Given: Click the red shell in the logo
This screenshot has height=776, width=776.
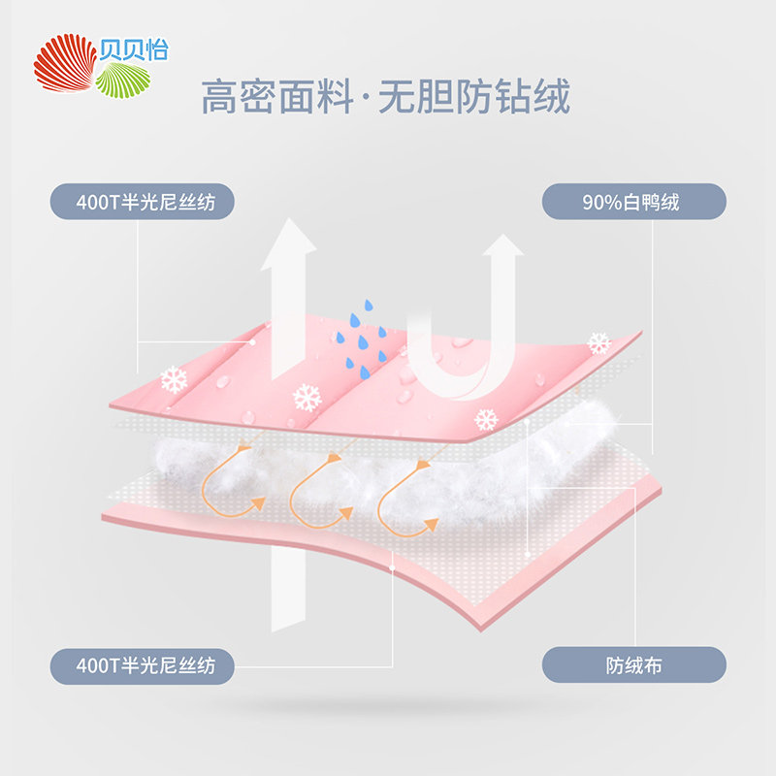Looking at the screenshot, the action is tap(65, 63).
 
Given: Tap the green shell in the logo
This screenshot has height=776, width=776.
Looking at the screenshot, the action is tap(123, 81).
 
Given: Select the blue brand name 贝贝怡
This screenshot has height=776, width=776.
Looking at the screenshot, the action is tap(134, 49).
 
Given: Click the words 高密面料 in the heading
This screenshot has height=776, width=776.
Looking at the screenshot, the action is tap(277, 96).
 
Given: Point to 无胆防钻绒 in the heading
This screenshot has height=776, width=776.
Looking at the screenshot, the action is tap(473, 96).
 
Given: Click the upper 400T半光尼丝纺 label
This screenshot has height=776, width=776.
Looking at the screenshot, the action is tap(142, 202).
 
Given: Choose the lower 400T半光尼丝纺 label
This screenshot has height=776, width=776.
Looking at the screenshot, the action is tap(142, 666).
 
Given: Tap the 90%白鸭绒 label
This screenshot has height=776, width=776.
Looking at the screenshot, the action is tap(634, 202).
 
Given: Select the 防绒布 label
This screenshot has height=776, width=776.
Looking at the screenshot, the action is tap(634, 665).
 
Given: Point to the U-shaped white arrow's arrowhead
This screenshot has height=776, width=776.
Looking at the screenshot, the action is tap(502, 245).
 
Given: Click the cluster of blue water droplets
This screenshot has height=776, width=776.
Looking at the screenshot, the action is tap(362, 339).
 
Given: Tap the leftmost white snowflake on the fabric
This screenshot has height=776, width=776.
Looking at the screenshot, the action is tap(175, 379).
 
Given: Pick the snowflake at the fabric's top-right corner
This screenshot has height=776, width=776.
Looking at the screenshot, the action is tap(599, 343).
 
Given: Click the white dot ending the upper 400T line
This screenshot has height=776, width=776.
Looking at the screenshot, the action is tap(252, 342).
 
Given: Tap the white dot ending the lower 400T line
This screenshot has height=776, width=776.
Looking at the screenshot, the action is tap(392, 568).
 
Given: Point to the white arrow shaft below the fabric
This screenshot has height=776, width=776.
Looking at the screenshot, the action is tap(288, 589).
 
